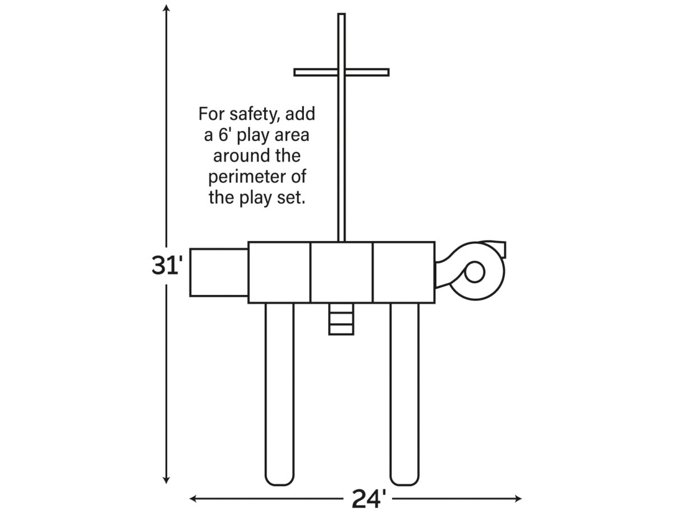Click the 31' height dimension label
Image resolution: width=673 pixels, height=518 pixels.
[x=167, y=265]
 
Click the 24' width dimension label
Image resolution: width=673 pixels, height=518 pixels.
[x=368, y=498]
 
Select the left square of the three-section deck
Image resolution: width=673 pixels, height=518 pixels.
[x=279, y=272]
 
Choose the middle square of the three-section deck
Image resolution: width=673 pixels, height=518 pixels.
[x=341, y=272]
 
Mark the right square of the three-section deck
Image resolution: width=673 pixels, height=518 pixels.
[x=403, y=272]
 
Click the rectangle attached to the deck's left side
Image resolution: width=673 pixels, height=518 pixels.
[x=219, y=272]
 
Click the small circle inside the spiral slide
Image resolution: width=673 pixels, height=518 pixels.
[x=474, y=272]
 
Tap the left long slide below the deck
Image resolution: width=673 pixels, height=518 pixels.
[x=279, y=392]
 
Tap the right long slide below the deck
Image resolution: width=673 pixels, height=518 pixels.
[x=404, y=392]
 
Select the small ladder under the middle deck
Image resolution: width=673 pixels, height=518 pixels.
[x=341, y=319]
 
